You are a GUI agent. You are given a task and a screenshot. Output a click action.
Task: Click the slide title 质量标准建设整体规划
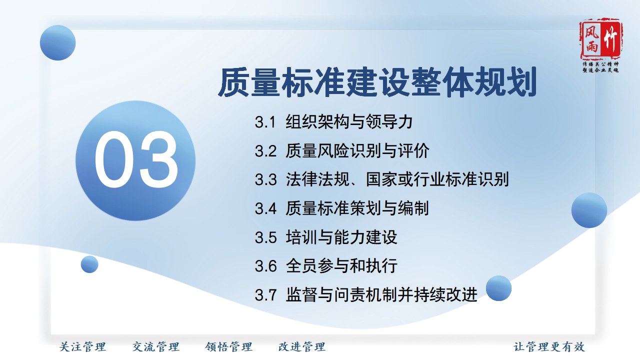coord(377,82)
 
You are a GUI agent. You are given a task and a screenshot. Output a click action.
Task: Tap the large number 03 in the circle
coord(136,159)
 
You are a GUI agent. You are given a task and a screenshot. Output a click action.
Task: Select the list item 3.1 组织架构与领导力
coord(333,122)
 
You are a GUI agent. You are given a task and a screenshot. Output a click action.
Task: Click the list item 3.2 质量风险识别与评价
coord(341,151)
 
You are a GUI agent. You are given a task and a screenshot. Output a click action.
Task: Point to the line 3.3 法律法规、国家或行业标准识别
coord(381,179)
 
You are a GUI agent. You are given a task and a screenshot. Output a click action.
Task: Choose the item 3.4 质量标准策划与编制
coord(341,208)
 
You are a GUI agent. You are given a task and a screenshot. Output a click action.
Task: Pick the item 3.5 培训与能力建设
coord(326,237)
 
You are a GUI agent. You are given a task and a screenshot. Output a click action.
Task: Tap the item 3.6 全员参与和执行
coord(326,265)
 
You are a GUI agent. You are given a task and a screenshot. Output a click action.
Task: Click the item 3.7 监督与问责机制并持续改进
coord(366,294)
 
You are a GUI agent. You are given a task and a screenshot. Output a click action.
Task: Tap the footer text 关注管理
coord(82,347)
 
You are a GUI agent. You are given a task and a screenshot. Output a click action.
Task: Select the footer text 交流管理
coord(155,347)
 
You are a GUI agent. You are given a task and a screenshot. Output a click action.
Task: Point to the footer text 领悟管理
coord(228,347)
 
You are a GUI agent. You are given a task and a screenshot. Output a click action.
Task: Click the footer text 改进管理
coord(301,347)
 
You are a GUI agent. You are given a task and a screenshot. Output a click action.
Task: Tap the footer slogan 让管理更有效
coord(549,347)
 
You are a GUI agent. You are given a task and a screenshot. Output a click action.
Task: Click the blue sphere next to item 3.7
coord(498,288)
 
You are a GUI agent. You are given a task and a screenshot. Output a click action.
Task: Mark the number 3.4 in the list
coord(265,208)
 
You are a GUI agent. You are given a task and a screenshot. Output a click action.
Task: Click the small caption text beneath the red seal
coord(600,67)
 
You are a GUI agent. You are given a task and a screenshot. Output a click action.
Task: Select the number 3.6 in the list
coord(265,266)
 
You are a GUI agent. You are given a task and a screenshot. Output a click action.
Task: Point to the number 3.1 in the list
coord(265,122)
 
